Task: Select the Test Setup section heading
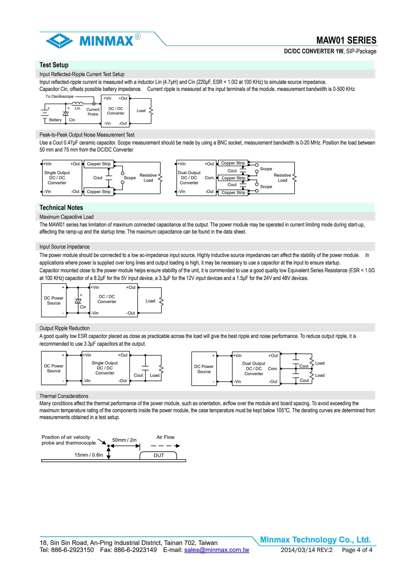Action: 54,65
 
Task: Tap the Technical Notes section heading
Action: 61,208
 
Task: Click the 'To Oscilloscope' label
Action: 59,97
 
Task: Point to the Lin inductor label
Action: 77,108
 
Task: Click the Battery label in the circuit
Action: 55,120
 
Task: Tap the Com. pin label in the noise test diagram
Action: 209,178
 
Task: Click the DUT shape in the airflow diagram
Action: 158,455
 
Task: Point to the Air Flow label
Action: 165,437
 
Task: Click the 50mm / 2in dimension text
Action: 124,440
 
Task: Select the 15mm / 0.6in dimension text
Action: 88,455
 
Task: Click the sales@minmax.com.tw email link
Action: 217,550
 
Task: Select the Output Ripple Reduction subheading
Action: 64,328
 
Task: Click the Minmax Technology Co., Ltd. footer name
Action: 315,540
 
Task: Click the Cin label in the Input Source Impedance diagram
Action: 83,307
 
